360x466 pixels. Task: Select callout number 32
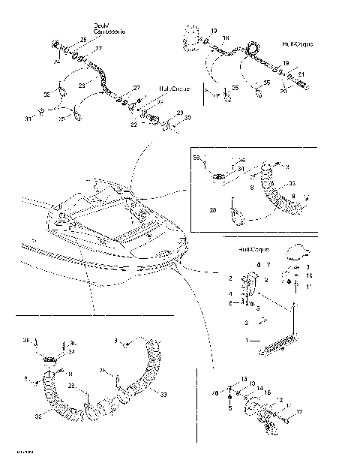pos(47,95)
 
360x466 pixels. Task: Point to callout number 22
pos(133,125)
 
